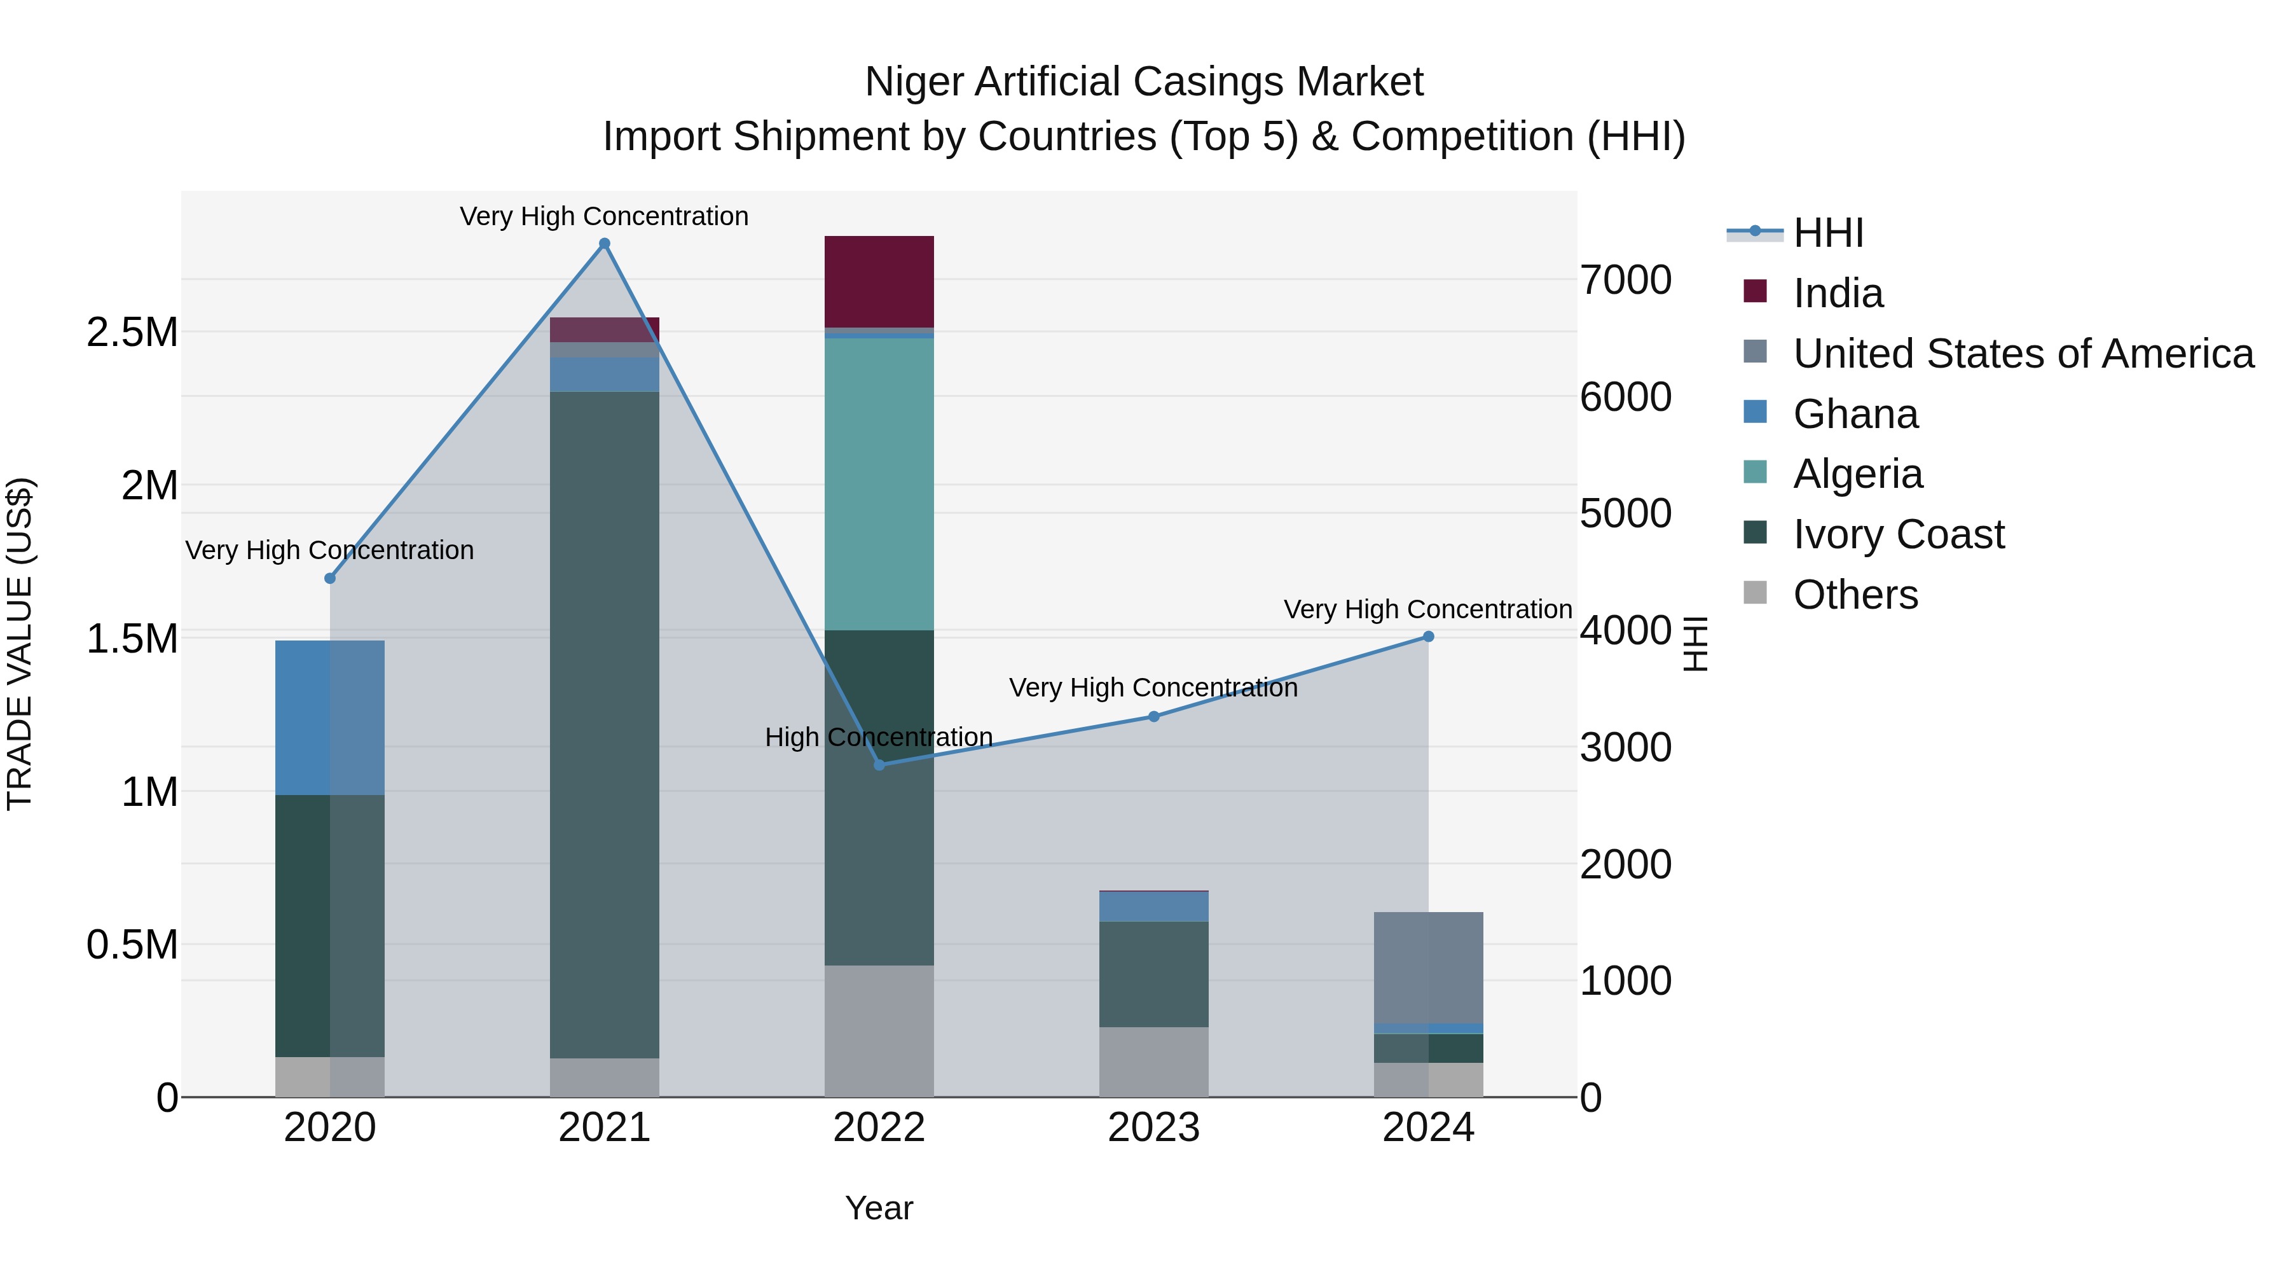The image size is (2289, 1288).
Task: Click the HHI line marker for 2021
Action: click(604, 244)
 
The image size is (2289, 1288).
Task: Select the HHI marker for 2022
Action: click(879, 765)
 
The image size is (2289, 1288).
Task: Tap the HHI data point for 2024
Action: click(1428, 637)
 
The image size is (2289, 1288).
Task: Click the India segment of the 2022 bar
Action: click(879, 282)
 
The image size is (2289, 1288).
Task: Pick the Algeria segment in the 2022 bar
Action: click(879, 485)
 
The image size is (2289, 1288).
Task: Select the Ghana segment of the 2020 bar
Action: click(329, 717)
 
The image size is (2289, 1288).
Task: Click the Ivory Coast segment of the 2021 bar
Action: click(604, 724)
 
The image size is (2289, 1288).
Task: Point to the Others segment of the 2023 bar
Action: click(1153, 1062)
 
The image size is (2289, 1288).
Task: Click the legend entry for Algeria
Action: click(1857, 474)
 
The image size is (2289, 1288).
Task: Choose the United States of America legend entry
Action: click(2023, 354)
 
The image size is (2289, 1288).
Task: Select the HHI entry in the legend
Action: click(1828, 233)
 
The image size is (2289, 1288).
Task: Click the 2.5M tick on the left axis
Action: click(132, 333)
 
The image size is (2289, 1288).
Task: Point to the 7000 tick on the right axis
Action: click(1625, 280)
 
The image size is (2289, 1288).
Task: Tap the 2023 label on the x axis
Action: click(1153, 1128)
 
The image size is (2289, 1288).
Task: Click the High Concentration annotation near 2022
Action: click(878, 737)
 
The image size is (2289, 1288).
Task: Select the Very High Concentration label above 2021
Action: click(604, 216)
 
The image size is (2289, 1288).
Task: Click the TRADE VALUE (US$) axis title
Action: click(20, 644)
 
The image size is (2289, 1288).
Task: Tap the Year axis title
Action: click(879, 1208)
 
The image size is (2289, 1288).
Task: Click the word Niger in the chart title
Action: click(914, 82)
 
